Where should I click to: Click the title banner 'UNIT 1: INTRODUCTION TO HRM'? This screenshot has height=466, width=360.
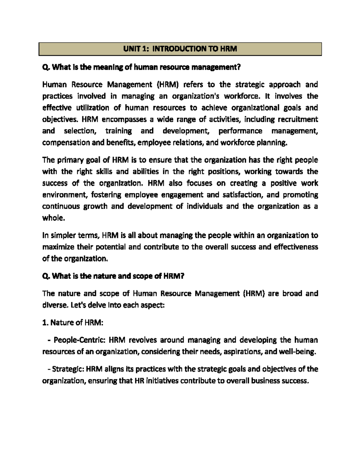180,49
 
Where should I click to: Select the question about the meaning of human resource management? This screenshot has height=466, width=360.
141,67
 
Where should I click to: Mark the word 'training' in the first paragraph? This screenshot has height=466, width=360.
118,131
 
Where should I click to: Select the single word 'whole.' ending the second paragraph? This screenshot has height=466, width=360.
53,218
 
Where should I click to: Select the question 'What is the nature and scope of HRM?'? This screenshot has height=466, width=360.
113,276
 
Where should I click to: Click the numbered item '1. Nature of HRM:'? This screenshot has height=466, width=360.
73,323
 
